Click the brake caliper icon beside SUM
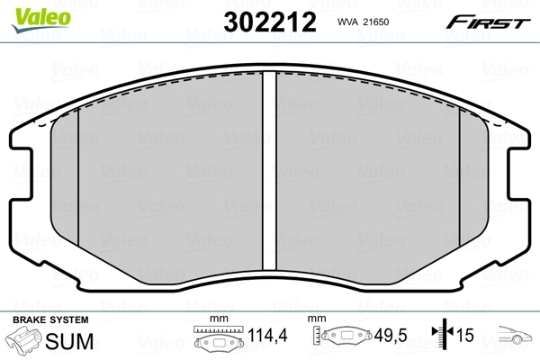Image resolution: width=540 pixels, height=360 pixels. tap(25, 340)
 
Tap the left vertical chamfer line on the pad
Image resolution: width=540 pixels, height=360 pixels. tap(79, 180)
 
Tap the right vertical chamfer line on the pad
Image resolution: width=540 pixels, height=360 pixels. tap(460, 180)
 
